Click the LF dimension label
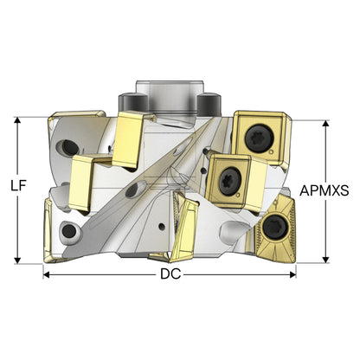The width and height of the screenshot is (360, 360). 19,186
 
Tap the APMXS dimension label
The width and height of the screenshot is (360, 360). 325,190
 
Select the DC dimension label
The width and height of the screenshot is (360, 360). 170,274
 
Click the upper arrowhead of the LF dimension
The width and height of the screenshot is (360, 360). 18,121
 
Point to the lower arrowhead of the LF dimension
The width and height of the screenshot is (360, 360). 18,260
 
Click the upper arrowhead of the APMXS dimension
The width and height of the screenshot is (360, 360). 326,125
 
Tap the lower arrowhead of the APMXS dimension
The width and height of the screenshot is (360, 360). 326,259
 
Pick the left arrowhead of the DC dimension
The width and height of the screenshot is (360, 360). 48,274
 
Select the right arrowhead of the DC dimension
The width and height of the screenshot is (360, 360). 292,274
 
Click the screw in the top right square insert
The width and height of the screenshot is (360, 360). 259,138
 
